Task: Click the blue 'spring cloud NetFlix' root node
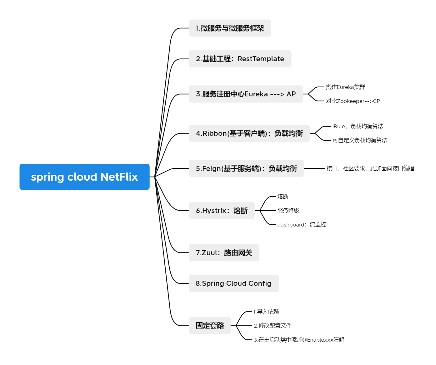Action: pyautogui.click(x=84, y=177)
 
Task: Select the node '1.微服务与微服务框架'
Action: pyautogui.click(x=230, y=28)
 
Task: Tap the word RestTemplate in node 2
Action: pyautogui.click(x=261, y=59)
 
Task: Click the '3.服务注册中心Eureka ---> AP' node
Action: pyautogui.click(x=246, y=94)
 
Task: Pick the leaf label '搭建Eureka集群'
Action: pyautogui.click(x=345, y=87)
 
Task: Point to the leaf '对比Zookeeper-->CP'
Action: pyautogui.click(x=353, y=101)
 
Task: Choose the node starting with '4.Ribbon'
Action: pyautogui.click(x=249, y=134)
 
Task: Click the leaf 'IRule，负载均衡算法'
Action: pyautogui.click(x=358, y=126)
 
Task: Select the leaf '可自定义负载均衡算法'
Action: pyautogui.click(x=359, y=140)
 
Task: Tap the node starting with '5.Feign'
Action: pyautogui.click(x=246, y=168)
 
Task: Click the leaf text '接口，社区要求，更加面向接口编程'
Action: pyautogui.click(x=370, y=168)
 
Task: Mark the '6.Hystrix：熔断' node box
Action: pyautogui.click(x=222, y=211)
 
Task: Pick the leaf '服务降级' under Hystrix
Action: pyautogui.click(x=288, y=211)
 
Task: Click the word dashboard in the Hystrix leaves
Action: pyautogui.click(x=291, y=225)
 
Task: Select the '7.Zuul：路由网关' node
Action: pyautogui.click(x=224, y=253)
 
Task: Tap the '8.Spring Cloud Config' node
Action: pyautogui.click(x=233, y=284)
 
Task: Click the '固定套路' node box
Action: pyautogui.click(x=210, y=326)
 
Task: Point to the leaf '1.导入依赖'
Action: pyautogui.click(x=266, y=312)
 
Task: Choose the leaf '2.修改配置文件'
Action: pyautogui.click(x=273, y=326)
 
